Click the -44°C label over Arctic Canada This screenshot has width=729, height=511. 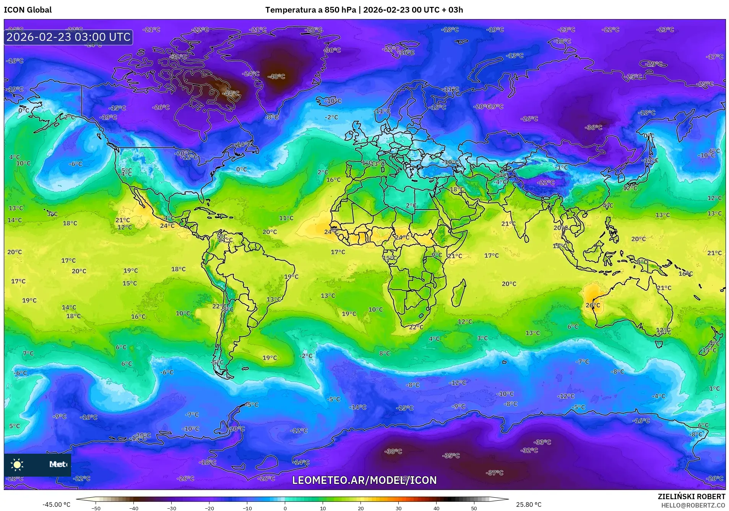click(x=231, y=94)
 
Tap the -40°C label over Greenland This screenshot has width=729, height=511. click(x=276, y=76)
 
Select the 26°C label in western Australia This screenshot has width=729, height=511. click(x=593, y=305)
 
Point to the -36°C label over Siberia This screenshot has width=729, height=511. click(x=593, y=127)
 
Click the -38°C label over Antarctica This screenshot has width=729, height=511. click(x=393, y=451)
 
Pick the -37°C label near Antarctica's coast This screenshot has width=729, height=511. click(x=494, y=472)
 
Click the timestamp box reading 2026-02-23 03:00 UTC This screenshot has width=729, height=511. click(x=68, y=37)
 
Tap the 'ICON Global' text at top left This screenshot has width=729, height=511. click(x=28, y=10)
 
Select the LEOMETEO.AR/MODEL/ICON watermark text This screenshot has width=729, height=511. click(x=364, y=480)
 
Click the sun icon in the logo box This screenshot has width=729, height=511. click(x=17, y=464)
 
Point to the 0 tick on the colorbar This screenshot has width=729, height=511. click(x=285, y=508)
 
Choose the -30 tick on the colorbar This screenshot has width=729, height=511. click(x=172, y=508)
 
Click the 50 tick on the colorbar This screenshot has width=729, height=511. click(x=474, y=508)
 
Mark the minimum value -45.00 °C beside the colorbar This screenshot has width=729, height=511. click(x=57, y=505)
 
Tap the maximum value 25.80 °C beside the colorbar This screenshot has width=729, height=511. click(x=528, y=505)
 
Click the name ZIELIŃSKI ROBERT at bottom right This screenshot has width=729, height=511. click(x=691, y=496)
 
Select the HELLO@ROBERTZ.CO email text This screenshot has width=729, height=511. click(x=693, y=505)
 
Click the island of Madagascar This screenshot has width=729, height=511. click(x=459, y=293)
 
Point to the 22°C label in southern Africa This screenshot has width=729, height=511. click(x=416, y=327)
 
